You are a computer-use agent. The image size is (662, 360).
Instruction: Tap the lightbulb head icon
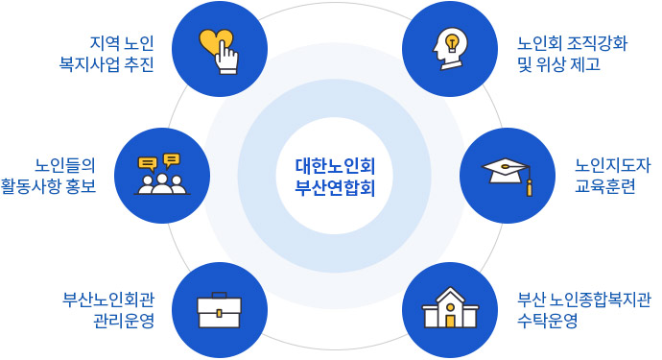(449, 49)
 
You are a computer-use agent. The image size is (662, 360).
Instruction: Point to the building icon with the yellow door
(449, 308)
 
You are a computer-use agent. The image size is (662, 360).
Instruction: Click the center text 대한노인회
(335, 164)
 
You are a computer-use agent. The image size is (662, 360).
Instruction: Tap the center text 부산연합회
(335, 185)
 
